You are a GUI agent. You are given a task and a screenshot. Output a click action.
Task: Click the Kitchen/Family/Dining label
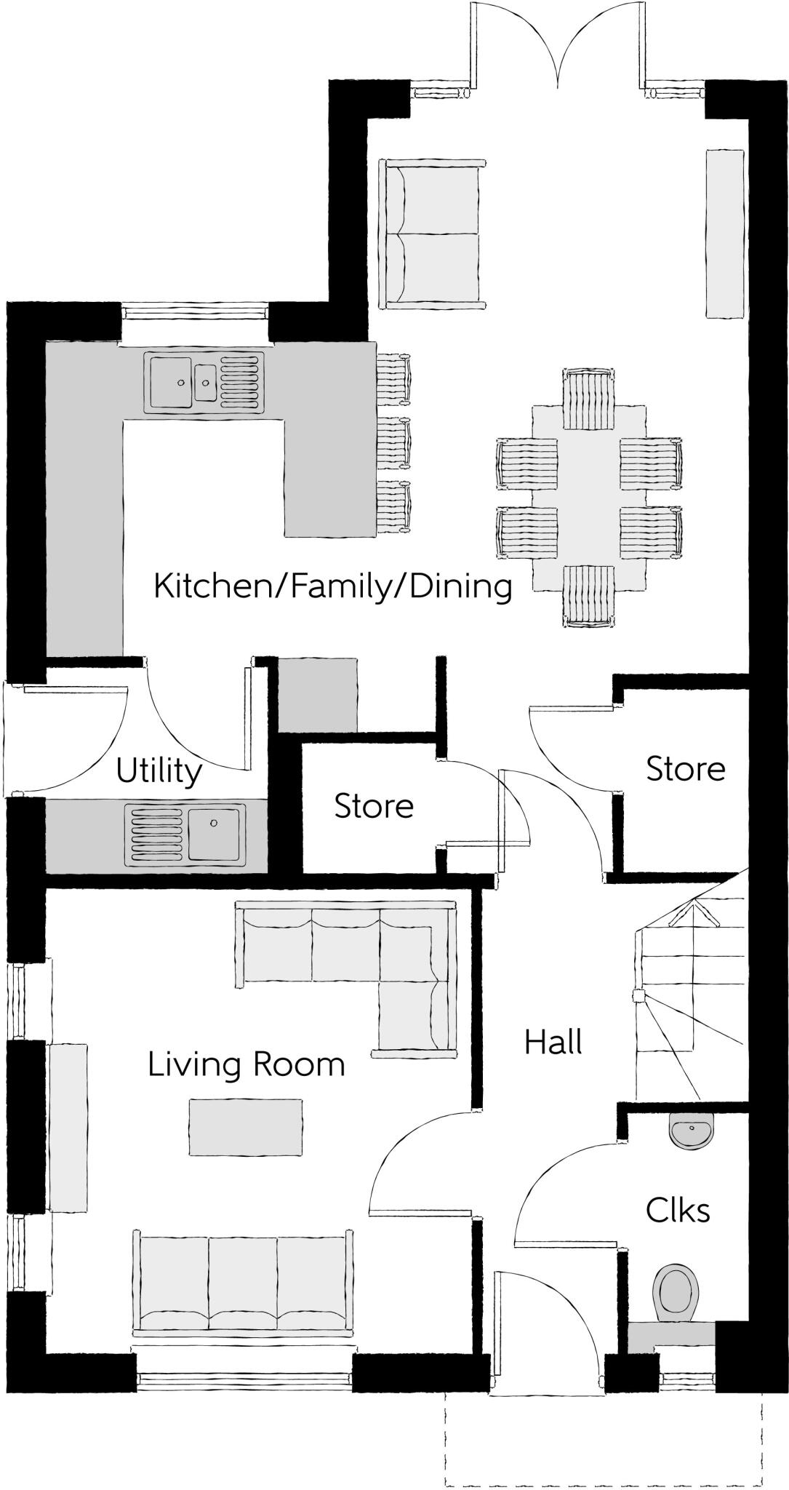[332, 586]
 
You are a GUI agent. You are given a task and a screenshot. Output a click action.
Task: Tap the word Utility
[159, 771]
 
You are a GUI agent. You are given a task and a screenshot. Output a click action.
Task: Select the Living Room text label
[246, 1065]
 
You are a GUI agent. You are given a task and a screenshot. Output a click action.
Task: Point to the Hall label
[553, 1043]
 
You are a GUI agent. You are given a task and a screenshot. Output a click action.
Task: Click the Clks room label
[677, 1211]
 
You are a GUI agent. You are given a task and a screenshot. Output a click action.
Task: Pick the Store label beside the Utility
[374, 806]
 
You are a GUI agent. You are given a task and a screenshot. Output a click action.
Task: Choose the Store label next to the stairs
[686, 769]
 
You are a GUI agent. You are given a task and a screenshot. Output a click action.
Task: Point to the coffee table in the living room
[246, 1127]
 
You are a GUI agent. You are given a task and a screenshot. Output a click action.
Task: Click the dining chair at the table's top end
[588, 399]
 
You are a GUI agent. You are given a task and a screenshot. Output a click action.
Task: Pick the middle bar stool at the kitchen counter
[393, 443]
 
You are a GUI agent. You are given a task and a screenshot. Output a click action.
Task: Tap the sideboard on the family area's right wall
[725, 234]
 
